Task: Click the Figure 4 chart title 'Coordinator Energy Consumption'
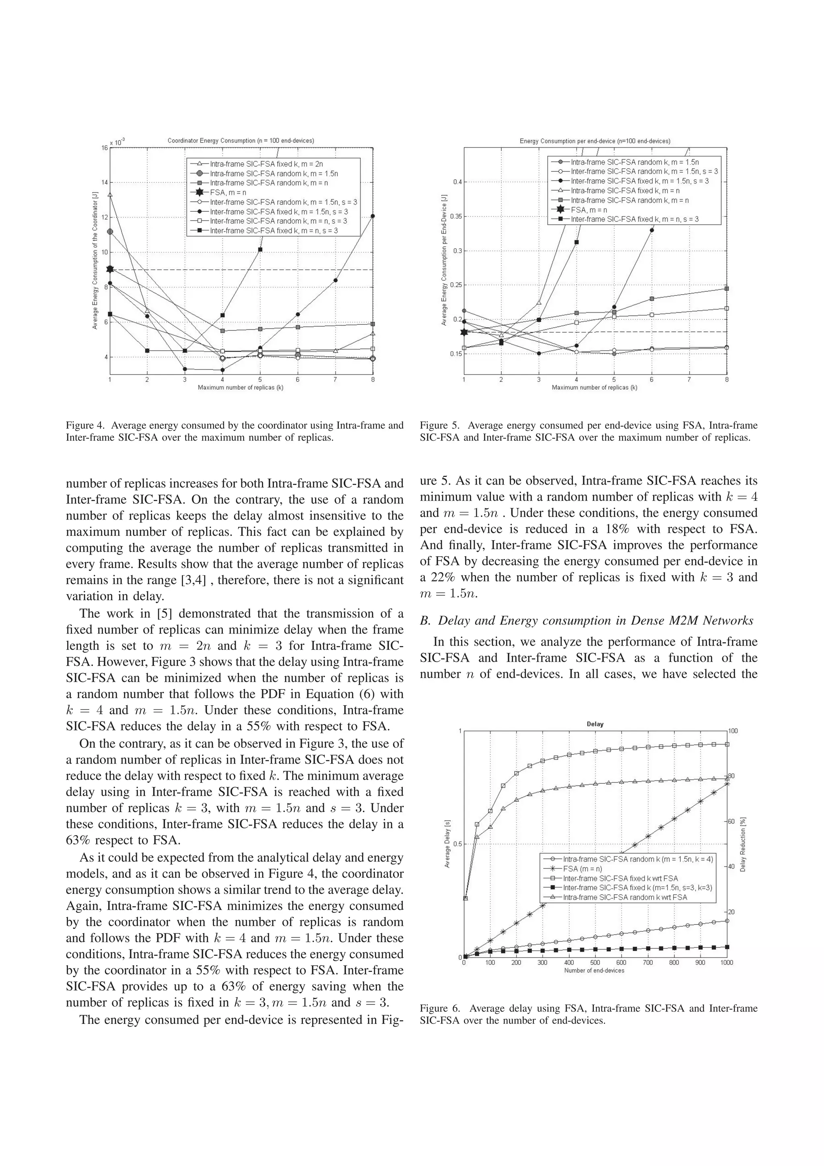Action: [241, 141]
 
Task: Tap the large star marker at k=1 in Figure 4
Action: [110, 269]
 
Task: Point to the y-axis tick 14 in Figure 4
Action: [105, 182]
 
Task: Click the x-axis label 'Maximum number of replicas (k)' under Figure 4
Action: [241, 388]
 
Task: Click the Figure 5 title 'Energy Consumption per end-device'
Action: [595, 141]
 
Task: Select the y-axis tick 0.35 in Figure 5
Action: [455, 217]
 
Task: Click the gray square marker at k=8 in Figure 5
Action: [727, 289]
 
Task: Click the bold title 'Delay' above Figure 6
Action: [595, 724]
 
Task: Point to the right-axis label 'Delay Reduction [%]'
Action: [743, 844]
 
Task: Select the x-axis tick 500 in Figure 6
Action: [595, 962]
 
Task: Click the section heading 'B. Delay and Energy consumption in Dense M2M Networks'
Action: [586, 621]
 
